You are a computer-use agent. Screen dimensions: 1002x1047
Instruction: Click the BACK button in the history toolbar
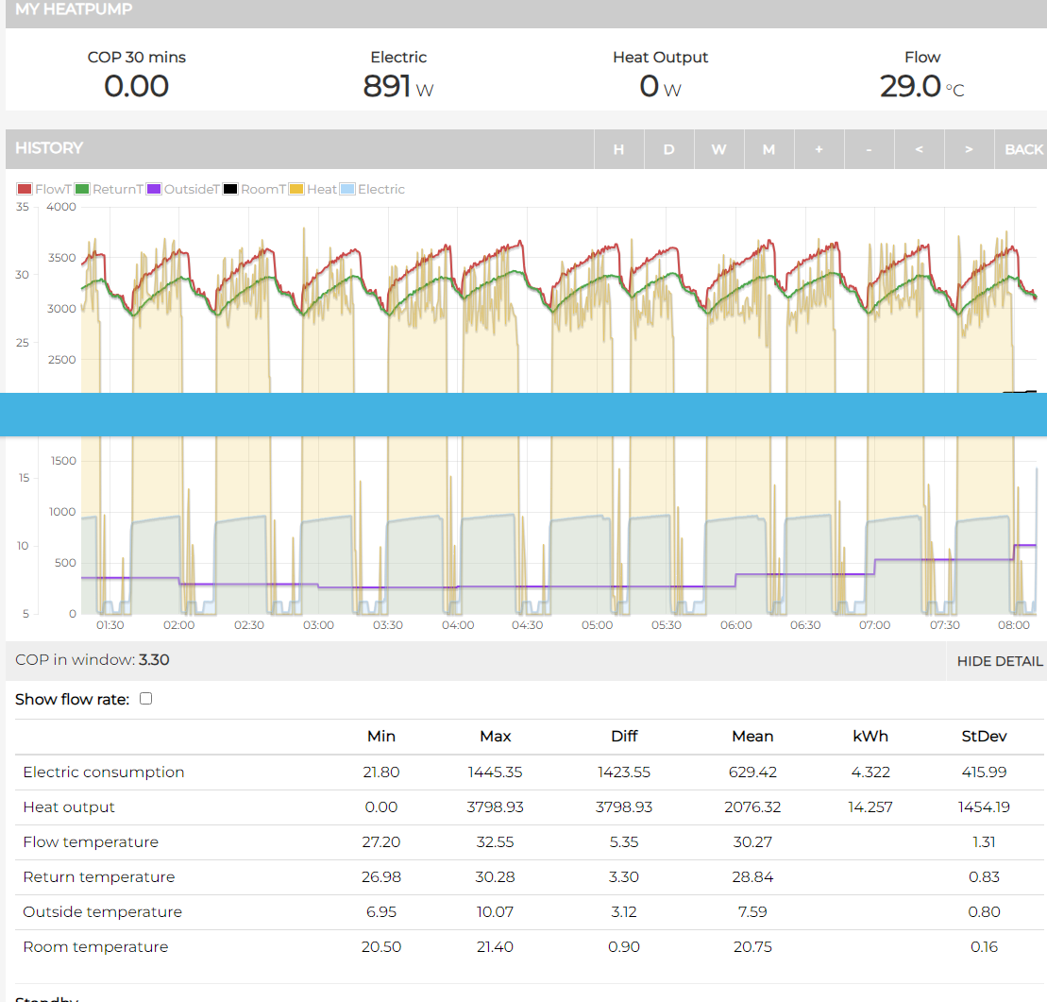pyautogui.click(x=1022, y=149)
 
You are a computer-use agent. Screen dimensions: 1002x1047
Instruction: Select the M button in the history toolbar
pyautogui.click(x=768, y=149)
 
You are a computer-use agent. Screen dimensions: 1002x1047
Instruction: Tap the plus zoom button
pyautogui.click(x=819, y=149)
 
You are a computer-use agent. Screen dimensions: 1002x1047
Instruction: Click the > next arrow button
pyautogui.click(x=969, y=149)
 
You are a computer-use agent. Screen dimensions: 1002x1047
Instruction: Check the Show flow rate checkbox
pyautogui.click(x=145, y=699)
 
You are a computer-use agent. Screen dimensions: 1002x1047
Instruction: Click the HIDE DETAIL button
pyautogui.click(x=999, y=661)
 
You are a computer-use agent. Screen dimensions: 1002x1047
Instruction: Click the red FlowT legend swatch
pyautogui.click(x=25, y=189)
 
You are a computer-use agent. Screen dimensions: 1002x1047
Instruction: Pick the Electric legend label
pyautogui.click(x=380, y=189)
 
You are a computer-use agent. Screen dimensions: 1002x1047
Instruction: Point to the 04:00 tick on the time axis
pyautogui.click(x=458, y=625)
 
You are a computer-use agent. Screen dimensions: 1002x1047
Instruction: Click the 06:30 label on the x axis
pyautogui.click(x=805, y=625)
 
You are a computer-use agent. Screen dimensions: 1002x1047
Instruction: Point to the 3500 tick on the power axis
pyautogui.click(x=61, y=258)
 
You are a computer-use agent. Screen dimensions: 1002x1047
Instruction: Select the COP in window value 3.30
pyautogui.click(x=154, y=660)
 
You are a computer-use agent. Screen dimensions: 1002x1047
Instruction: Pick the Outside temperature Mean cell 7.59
pyautogui.click(x=752, y=912)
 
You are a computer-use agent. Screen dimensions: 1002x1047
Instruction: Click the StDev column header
pyautogui.click(x=984, y=737)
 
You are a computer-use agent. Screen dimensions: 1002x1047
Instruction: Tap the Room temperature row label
pyautogui.click(x=95, y=947)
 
